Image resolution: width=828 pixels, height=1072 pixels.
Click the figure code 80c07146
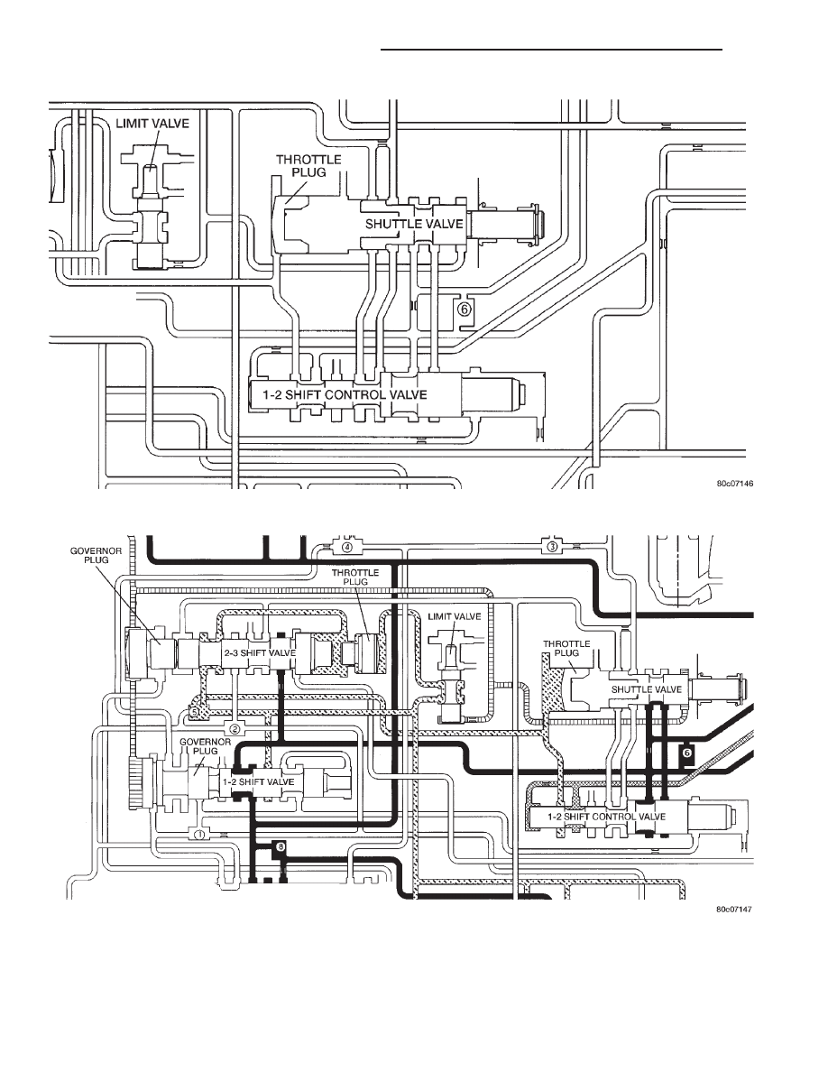click(734, 484)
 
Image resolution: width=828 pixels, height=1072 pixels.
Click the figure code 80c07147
click(734, 910)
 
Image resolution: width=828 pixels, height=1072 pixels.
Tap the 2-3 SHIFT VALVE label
click(260, 653)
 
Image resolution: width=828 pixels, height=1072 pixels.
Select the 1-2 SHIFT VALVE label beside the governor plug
click(260, 782)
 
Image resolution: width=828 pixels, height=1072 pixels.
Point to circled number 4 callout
click(347, 547)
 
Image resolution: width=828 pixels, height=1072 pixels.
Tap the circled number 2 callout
click(235, 727)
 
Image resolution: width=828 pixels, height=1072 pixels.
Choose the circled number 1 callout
click(199, 834)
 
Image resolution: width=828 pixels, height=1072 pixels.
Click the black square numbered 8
click(281, 847)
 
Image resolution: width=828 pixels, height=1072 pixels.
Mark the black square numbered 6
click(688, 752)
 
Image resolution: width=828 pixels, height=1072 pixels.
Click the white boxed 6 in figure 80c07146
click(465, 309)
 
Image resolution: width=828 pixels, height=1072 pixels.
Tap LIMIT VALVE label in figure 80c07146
click(152, 124)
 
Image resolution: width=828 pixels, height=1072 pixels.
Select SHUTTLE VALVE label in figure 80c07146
click(414, 224)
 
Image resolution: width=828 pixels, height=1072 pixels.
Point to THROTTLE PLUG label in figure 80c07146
click(308, 165)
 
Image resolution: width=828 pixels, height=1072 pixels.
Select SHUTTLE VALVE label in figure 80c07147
click(647, 689)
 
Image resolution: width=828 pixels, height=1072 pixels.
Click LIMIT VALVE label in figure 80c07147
click(455, 616)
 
